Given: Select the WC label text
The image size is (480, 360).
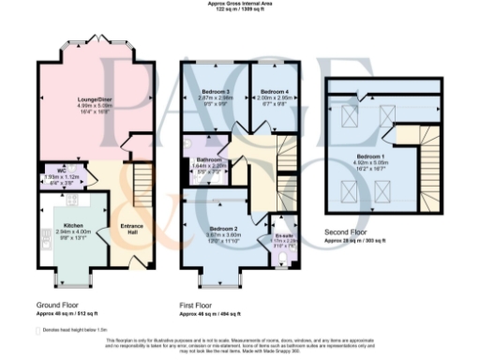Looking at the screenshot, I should tap(52, 171).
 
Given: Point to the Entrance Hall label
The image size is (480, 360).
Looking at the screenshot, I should tap(131, 230).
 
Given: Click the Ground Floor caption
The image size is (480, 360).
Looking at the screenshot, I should tap(55, 305).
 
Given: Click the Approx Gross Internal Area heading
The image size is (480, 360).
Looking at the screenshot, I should tap(239, 4).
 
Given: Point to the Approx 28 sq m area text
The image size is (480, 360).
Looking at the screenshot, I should tap(360, 240).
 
